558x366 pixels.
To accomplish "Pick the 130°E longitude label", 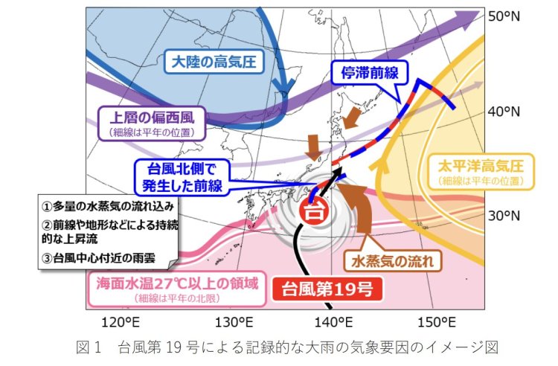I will (230, 322).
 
